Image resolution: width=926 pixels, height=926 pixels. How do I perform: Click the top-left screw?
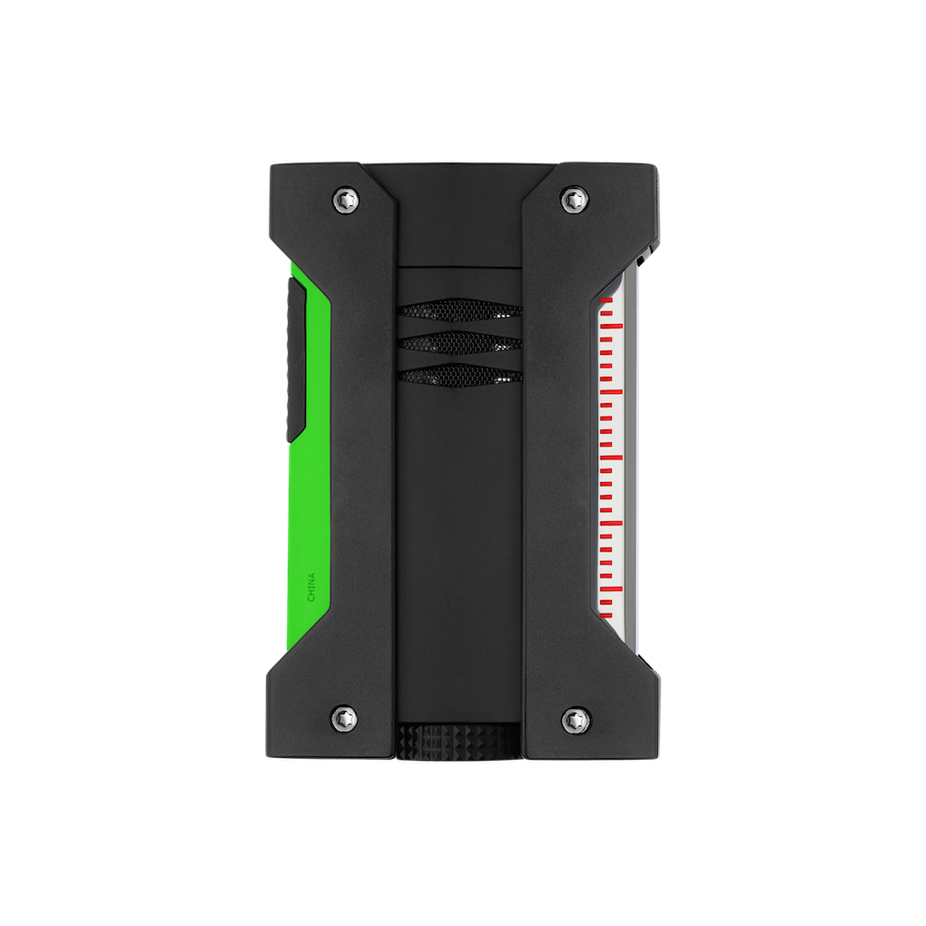tap(345, 197)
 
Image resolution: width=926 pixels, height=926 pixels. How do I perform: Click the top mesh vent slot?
tap(458, 311)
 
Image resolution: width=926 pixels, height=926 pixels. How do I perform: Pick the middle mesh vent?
tap(458, 343)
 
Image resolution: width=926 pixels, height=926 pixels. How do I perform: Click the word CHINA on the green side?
tap(311, 586)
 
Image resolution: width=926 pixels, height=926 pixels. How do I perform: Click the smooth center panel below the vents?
tap(458, 545)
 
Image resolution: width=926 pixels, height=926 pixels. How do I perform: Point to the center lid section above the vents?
tap(458, 218)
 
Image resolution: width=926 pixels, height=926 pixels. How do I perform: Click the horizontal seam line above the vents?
tap(458, 267)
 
